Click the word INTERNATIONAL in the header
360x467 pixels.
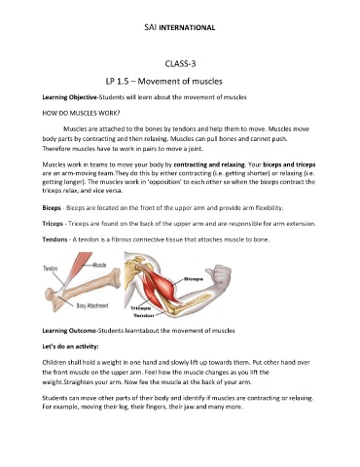pos(187,27)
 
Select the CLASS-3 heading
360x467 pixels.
pos(180,63)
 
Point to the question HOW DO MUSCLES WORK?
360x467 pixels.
pos(81,113)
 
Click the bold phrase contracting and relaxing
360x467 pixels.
pos(209,164)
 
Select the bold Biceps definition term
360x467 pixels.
pos(52,208)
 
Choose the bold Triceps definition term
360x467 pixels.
pos(53,224)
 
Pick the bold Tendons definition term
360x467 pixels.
pos(54,239)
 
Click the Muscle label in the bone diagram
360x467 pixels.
pos(99,265)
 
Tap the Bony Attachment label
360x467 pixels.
pos(92,305)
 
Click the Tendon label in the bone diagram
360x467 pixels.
pos(51,269)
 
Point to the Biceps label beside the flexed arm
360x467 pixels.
pos(194,279)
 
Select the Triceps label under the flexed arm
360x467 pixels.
pos(140,308)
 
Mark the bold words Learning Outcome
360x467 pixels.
pos(69,331)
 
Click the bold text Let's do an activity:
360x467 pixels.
pos(70,346)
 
